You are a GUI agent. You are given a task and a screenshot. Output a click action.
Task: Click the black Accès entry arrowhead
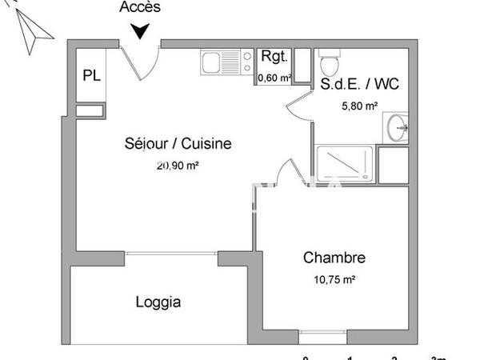141,31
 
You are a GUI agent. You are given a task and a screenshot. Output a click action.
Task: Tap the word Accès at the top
140,8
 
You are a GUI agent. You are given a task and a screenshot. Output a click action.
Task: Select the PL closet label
91,76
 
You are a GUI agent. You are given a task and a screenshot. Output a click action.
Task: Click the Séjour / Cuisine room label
178,144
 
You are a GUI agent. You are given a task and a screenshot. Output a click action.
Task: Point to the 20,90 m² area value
178,166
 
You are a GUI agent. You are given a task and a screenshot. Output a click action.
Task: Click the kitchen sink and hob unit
225,62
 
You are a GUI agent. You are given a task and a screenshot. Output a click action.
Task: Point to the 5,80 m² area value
360,106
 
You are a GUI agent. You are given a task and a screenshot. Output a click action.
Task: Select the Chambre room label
334,258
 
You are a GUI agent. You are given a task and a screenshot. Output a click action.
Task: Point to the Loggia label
158,302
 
